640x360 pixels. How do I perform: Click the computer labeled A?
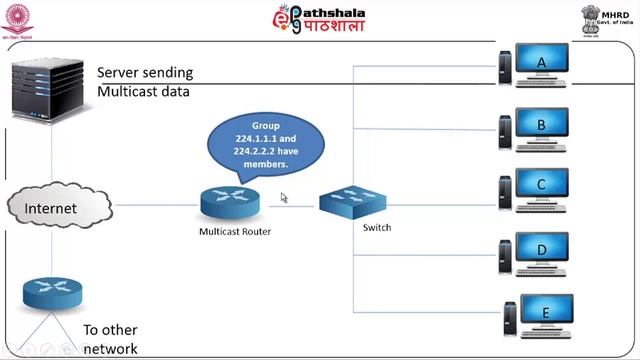538,64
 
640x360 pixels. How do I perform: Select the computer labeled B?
538,127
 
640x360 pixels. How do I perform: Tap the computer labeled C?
538,187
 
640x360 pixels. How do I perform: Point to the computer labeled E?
541,315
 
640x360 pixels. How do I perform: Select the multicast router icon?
229,201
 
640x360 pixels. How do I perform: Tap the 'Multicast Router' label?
234,231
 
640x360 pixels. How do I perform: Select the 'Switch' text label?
377,227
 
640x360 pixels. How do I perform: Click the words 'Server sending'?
145,73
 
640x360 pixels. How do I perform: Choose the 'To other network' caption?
110,339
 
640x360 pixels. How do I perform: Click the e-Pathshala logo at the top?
319,18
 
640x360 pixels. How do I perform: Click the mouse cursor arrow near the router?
285,198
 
